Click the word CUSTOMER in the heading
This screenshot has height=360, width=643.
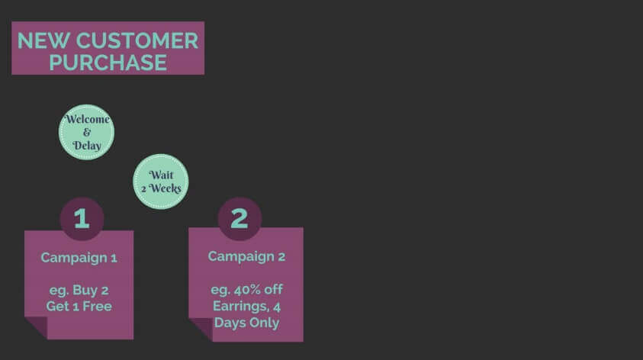pyautogui.click(x=137, y=40)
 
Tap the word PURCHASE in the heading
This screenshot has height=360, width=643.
pyautogui.click(x=108, y=63)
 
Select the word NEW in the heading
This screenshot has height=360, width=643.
pyautogui.click(x=43, y=40)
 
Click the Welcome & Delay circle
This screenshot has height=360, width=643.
pyautogui.click(x=86, y=132)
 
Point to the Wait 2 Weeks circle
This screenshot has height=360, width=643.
pyautogui.click(x=161, y=182)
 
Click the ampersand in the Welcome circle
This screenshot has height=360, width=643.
pyautogui.click(x=86, y=132)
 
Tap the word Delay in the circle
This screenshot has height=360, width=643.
pyautogui.click(x=87, y=146)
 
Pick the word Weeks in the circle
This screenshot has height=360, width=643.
pyautogui.click(x=165, y=188)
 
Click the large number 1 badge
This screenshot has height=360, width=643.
pyautogui.click(x=82, y=219)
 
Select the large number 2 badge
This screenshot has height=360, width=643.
pyautogui.click(x=240, y=218)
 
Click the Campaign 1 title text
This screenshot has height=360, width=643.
pyautogui.click(x=79, y=259)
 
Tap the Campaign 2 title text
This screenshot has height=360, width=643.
pyautogui.click(x=246, y=257)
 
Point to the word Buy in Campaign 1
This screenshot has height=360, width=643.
pyautogui.click(x=85, y=291)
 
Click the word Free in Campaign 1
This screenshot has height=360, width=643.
pyautogui.click(x=97, y=307)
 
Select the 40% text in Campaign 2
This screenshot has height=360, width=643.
pyautogui.click(x=247, y=290)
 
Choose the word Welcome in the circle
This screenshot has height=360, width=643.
pyautogui.click(x=88, y=119)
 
